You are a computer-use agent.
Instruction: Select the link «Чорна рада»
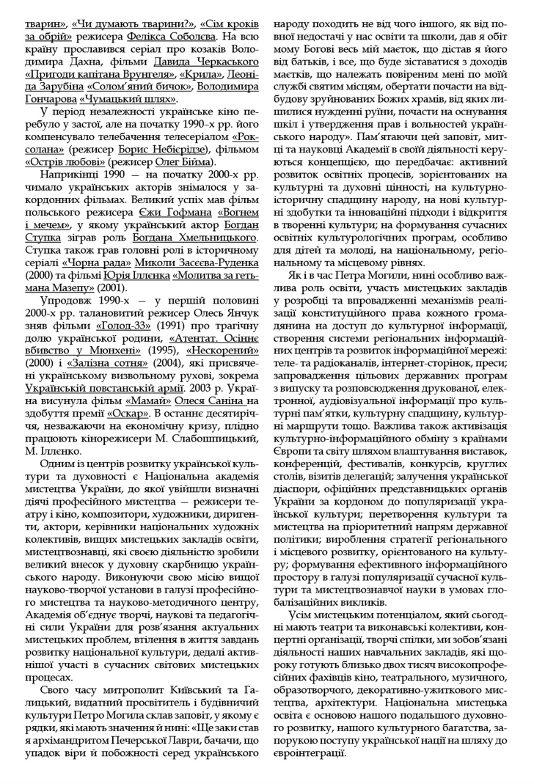(x=81, y=263)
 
